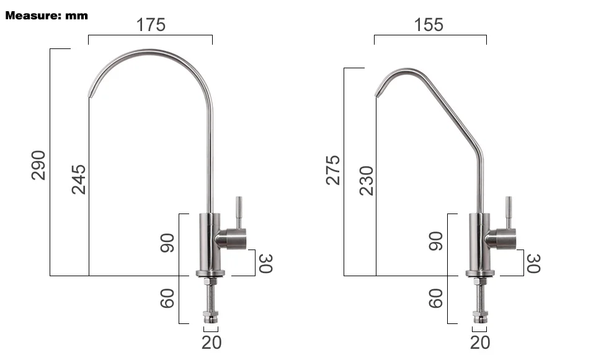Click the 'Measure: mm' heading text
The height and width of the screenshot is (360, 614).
(x=47, y=16)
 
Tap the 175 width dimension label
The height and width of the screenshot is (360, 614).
(x=151, y=25)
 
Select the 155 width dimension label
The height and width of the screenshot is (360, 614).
(x=429, y=25)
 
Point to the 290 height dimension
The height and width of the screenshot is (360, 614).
(x=38, y=165)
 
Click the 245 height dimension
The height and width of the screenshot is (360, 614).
(x=79, y=179)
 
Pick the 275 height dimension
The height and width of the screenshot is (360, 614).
(x=333, y=170)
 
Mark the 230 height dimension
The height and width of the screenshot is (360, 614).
(x=367, y=181)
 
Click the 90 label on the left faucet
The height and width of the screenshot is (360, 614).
(x=167, y=243)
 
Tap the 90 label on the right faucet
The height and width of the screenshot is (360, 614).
(x=436, y=241)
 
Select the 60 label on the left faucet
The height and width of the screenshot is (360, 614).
(x=167, y=299)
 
